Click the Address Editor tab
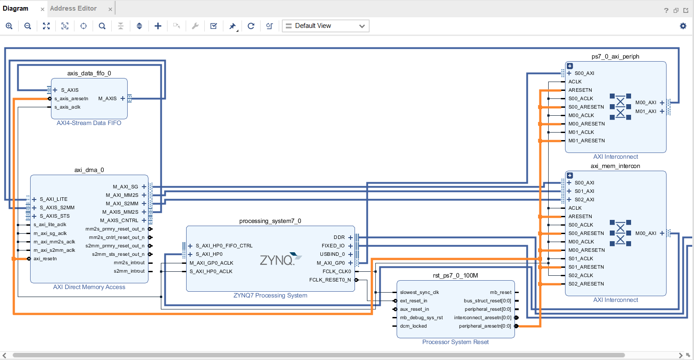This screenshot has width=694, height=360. click(x=73, y=8)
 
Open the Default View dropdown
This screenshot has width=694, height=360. click(x=325, y=26)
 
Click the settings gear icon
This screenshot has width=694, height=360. click(x=683, y=26)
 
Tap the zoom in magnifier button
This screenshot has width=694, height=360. click(x=9, y=26)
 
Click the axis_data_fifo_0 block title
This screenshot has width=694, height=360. click(x=89, y=73)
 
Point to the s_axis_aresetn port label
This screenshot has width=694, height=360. click(x=71, y=98)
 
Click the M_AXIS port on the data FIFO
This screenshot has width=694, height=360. click(x=107, y=98)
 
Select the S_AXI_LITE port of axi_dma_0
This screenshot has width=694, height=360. click(x=53, y=199)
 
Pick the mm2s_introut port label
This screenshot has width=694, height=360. click(x=129, y=262)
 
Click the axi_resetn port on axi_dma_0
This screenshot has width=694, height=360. click(x=45, y=258)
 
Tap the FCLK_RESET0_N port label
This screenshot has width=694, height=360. click(x=330, y=280)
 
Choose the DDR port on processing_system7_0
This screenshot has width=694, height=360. click(x=339, y=237)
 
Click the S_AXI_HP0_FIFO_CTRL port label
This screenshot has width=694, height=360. click(x=224, y=246)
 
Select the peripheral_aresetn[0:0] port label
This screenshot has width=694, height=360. click(x=484, y=326)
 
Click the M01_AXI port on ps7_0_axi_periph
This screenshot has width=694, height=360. click(x=646, y=111)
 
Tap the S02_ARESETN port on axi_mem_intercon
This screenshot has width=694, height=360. click(x=586, y=284)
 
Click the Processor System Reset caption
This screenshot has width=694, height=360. click(x=456, y=342)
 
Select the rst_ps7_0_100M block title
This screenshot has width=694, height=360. click(x=456, y=275)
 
